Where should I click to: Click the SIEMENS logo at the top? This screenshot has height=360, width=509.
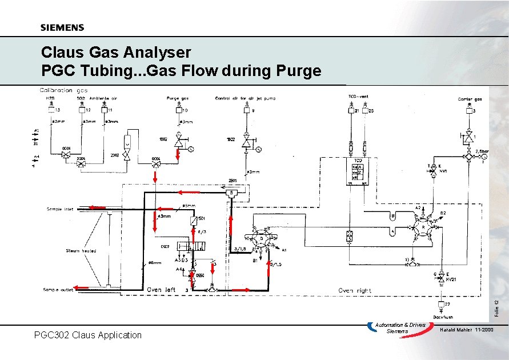click(62, 27)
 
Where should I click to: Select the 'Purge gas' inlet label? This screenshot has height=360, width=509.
click(178, 98)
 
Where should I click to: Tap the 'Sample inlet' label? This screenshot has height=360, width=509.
click(61, 210)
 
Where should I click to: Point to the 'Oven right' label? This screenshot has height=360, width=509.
click(354, 291)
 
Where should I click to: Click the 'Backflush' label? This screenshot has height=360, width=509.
click(443, 317)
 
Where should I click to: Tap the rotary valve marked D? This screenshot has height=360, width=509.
click(262, 238)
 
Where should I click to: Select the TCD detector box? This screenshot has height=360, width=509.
click(358, 170)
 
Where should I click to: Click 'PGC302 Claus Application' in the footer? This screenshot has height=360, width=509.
click(88, 335)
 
